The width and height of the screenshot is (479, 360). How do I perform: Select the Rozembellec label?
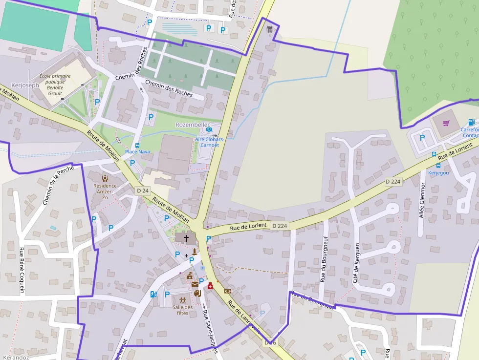193,125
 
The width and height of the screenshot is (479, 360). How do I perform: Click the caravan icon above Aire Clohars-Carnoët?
210,129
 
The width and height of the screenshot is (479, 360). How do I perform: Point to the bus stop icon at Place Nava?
137,145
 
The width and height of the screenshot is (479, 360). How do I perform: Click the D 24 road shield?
142,191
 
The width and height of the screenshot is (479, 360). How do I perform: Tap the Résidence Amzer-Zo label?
105,188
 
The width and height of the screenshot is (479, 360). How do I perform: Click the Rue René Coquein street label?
22,271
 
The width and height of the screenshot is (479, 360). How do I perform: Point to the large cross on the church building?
186,239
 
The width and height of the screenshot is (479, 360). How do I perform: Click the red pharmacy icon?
211,286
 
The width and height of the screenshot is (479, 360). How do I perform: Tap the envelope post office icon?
195,284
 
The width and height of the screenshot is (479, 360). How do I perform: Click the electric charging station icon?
153,294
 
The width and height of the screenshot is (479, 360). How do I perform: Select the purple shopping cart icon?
446,123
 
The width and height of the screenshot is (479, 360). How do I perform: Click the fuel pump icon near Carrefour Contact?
471,122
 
